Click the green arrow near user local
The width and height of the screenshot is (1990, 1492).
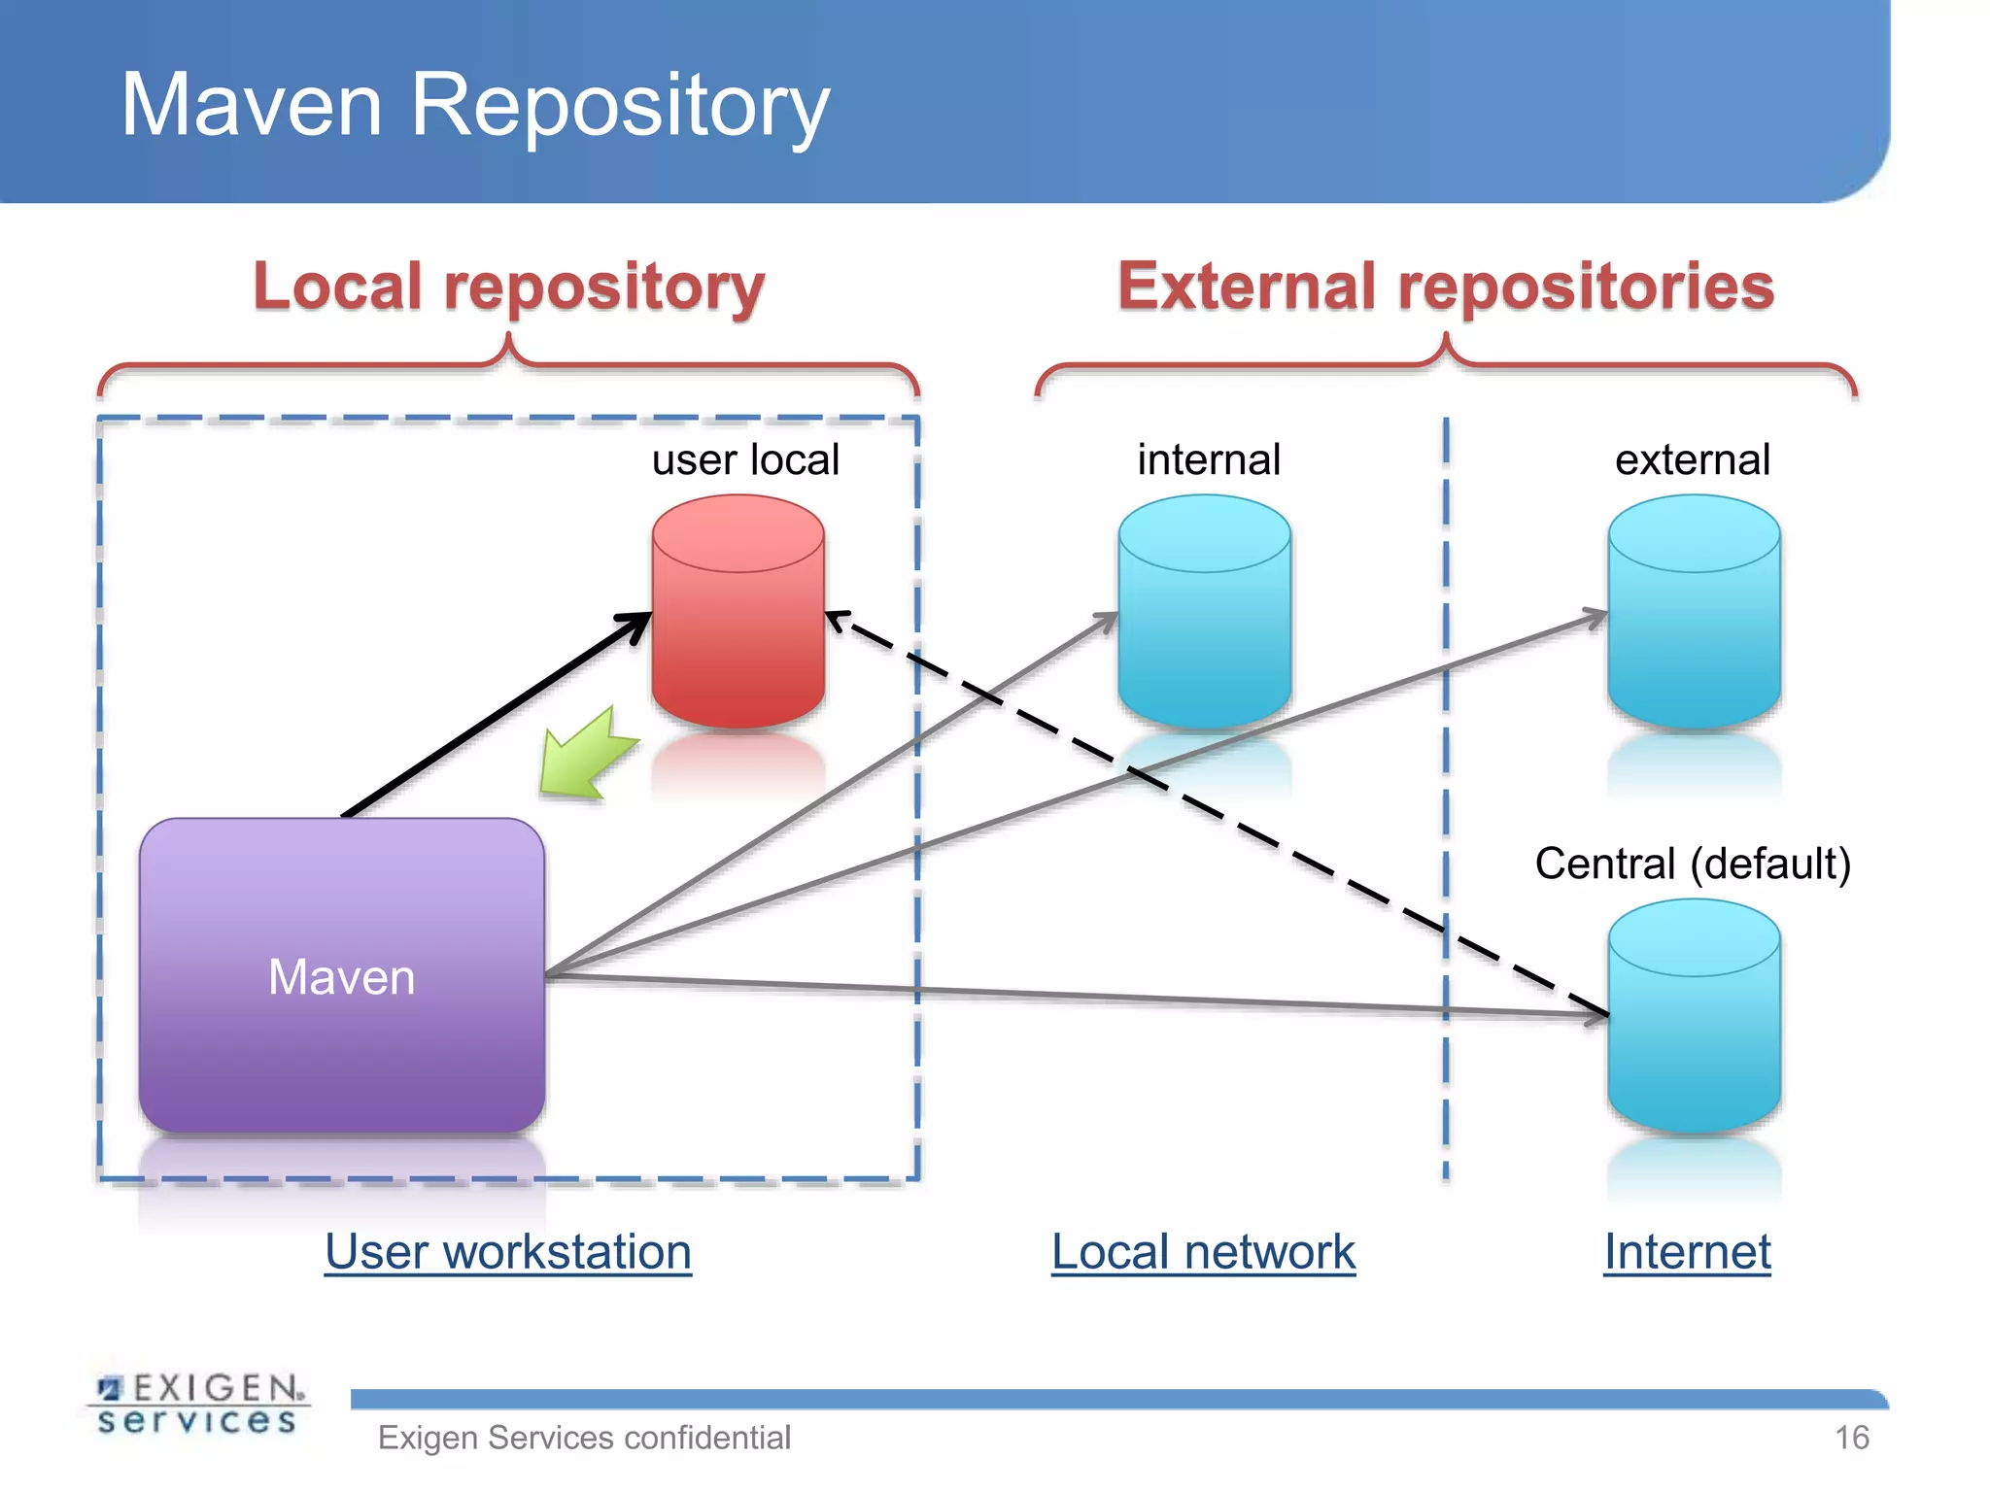586,756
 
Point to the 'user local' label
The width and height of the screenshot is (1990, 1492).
745,459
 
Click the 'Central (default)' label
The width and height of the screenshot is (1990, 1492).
1693,863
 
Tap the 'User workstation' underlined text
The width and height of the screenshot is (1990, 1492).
508,1251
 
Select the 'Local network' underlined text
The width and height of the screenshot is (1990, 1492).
1203,1251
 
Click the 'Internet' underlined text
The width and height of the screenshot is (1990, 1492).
1687,1251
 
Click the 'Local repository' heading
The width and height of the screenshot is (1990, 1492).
508,287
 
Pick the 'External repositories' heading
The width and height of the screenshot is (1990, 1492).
1446,287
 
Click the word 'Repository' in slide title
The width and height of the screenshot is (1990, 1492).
619,105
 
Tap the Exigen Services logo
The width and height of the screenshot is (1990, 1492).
198,1404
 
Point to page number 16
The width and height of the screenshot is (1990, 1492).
1851,1438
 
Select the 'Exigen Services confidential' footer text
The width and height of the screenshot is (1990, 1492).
584,1438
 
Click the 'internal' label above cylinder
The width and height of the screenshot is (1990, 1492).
1209,459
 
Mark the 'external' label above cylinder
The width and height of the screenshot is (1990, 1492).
1693,459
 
